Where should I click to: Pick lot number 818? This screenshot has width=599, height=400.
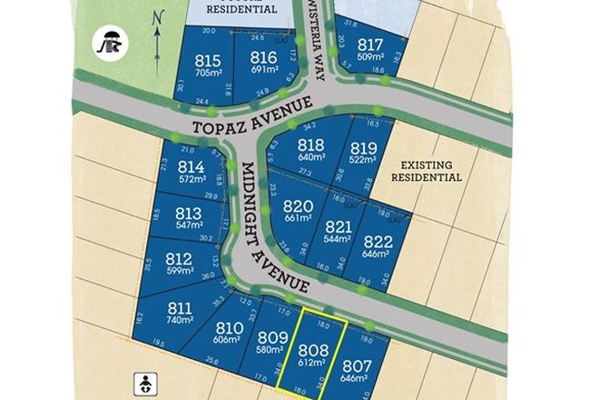click(x=311, y=144)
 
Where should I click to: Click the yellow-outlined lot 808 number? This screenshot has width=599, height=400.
click(x=312, y=348)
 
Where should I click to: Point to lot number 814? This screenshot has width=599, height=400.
click(x=191, y=167)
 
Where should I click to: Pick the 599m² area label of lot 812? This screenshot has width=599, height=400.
click(x=179, y=272)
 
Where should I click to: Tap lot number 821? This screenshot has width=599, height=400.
click(x=338, y=227)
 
